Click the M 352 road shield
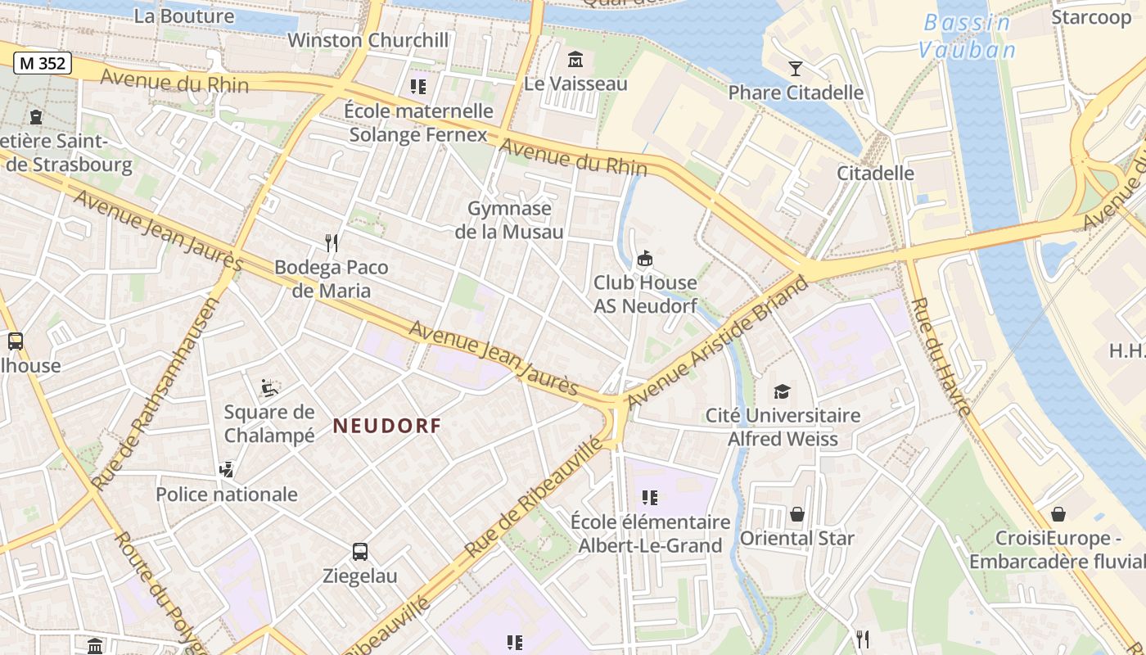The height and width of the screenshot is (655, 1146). (43, 63)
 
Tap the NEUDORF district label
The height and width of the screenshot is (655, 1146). (387, 426)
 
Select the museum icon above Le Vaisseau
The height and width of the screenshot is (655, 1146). (575, 60)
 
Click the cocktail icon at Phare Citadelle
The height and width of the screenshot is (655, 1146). (795, 68)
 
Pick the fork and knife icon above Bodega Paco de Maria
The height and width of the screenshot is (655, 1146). (332, 242)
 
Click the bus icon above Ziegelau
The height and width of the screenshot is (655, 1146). (359, 552)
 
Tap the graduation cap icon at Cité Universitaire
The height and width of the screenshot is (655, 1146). (783, 391)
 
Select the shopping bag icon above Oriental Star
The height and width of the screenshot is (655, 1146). (796, 514)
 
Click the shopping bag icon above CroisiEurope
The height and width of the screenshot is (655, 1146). (1058, 514)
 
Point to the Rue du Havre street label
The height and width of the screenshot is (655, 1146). (941, 356)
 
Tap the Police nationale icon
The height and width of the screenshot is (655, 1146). (227, 470)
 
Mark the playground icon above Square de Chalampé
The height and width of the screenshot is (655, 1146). (269, 387)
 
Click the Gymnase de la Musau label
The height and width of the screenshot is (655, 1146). (509, 220)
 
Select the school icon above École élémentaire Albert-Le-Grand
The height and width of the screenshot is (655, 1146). (650, 497)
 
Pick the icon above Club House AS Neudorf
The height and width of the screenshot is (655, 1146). (645, 259)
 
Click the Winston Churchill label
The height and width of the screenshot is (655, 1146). (368, 40)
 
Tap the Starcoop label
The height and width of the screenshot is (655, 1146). (1090, 17)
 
